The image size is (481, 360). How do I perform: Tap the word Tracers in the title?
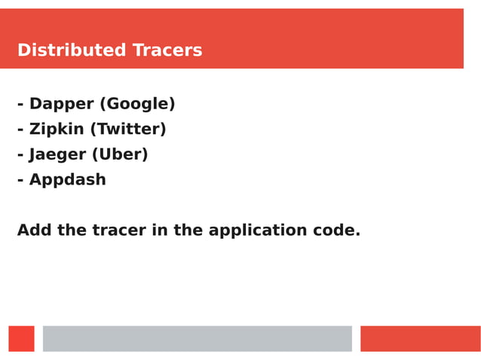[167, 50]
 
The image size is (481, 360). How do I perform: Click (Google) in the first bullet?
[137, 104]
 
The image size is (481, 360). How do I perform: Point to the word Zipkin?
[57, 130]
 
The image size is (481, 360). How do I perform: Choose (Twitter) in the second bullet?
[128, 130]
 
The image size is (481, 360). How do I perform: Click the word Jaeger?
[57, 154]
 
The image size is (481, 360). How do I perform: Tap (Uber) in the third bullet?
[120, 154]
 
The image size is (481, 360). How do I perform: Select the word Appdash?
[68, 180]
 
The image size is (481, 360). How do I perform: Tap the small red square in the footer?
[21, 339]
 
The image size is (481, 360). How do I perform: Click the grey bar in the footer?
[197, 339]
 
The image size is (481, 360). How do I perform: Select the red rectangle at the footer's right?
[420, 339]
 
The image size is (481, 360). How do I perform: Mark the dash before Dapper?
[20, 105]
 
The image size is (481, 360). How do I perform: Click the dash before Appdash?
[20, 182]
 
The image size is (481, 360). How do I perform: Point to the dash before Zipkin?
[20, 131]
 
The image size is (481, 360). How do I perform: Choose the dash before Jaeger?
[20, 156]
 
